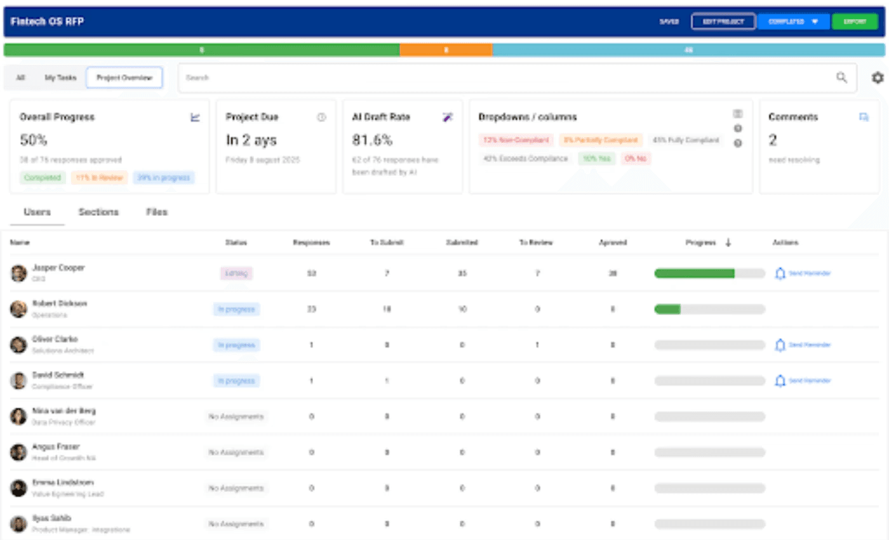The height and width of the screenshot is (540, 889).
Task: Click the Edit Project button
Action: pos(723,22)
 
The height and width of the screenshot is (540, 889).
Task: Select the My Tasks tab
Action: pos(60,78)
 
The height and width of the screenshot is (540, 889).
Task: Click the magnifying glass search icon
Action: pos(841,78)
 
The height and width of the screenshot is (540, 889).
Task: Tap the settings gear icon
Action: pos(878,78)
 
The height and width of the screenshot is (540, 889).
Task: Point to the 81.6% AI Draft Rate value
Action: pos(372,140)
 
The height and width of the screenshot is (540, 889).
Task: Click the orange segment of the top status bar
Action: pos(446,50)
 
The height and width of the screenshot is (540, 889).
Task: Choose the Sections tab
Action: pos(98,212)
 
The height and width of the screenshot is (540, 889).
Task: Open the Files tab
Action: pos(157,212)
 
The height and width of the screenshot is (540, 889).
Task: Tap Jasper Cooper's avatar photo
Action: pos(19,273)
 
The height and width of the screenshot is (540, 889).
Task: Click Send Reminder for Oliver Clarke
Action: pos(803,345)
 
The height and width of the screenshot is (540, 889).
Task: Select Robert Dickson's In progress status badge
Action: pos(236,309)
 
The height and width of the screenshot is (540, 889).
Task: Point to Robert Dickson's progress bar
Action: pos(709,309)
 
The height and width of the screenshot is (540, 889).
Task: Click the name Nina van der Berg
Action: pos(64,411)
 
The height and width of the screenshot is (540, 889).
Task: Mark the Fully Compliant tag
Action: pos(686,140)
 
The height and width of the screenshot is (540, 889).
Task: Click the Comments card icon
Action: pos(864,117)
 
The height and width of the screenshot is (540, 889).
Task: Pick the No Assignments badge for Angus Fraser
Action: pos(236,452)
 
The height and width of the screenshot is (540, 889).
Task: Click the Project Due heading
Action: pos(252,117)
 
